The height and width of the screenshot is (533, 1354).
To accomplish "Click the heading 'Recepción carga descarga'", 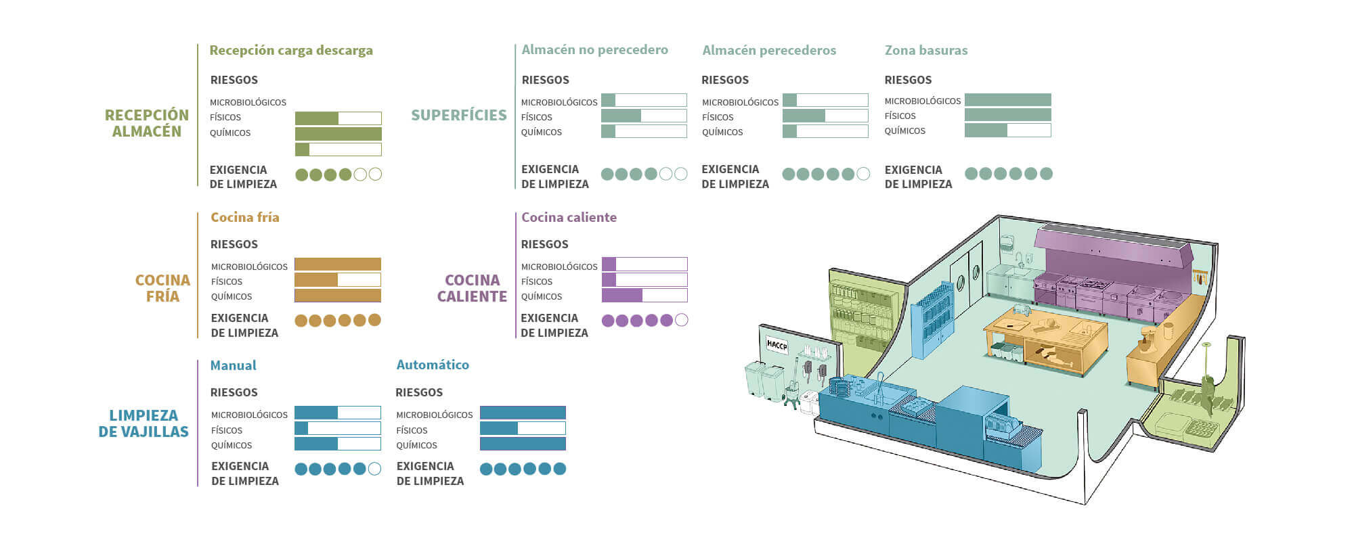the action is click(291, 51).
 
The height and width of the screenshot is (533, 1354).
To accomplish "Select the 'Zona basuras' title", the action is click(926, 50).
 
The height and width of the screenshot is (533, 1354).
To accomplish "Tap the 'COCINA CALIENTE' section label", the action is click(472, 288).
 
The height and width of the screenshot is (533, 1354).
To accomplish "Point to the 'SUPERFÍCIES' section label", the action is click(459, 115).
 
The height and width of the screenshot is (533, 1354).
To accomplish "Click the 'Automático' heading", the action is click(433, 365).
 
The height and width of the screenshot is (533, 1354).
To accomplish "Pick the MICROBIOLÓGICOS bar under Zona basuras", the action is click(1007, 100).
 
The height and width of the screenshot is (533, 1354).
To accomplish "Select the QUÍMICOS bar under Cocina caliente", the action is click(645, 295).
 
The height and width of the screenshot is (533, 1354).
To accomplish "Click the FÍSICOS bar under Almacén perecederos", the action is click(825, 116).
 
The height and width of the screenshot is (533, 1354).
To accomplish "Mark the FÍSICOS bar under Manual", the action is click(338, 428).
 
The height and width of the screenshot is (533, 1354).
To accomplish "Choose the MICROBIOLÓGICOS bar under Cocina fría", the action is click(338, 264).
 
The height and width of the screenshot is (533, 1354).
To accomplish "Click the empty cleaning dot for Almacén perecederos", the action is click(863, 174).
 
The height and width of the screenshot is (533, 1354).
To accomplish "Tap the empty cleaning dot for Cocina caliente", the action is click(682, 320).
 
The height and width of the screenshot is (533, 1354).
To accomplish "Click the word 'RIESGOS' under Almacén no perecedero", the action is click(546, 80).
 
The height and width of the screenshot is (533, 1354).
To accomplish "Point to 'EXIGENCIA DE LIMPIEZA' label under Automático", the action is click(431, 473).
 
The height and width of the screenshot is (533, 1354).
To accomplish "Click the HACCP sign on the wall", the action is click(777, 345).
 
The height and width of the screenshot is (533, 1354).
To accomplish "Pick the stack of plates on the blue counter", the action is click(838, 388).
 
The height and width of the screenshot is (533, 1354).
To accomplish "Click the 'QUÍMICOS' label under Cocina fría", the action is click(232, 296).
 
